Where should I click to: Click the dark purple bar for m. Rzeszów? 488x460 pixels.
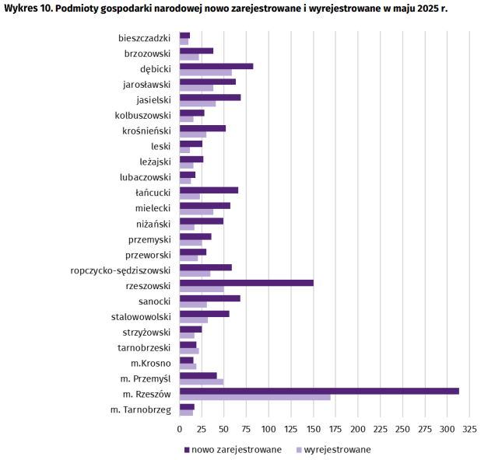[319, 391]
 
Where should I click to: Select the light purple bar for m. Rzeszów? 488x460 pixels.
[255, 398]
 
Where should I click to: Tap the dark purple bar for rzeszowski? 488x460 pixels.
[246, 283]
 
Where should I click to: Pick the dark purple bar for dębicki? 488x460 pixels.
[216, 66]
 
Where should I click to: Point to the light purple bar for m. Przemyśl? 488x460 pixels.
[202, 382]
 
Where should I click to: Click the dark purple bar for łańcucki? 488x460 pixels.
[209, 190]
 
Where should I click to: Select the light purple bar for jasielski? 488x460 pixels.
[198, 103]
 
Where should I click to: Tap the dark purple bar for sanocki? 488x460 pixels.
[210, 298]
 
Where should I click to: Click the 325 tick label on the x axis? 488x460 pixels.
[469, 428]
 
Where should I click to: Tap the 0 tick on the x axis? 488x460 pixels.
[180, 428]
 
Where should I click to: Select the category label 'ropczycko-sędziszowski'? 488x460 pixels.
[120, 270]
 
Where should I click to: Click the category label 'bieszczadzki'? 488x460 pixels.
[145, 38]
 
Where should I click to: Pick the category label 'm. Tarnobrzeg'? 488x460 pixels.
[140, 409]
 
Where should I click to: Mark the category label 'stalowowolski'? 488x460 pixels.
[141, 317]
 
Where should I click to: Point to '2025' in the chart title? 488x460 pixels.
[425, 9]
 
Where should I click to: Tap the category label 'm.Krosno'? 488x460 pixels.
[151, 363]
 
